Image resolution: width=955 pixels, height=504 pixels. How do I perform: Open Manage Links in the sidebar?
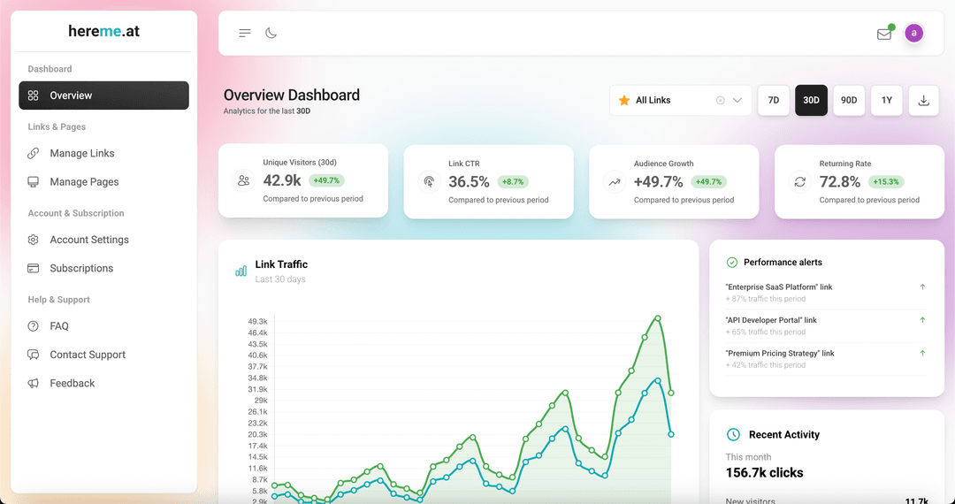click(81, 153)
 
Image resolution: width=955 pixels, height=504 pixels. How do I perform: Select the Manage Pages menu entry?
click(84, 182)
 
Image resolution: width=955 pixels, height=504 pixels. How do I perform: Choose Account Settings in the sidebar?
click(88, 240)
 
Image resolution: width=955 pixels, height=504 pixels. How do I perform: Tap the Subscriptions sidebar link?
click(81, 268)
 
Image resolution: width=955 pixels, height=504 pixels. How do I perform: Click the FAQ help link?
click(59, 326)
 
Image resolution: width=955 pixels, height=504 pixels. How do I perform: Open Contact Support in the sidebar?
click(88, 355)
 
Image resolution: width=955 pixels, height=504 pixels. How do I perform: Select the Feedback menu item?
click(72, 383)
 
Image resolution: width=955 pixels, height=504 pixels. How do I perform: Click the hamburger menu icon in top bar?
click(245, 34)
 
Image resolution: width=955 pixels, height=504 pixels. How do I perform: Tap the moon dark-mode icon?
click(271, 34)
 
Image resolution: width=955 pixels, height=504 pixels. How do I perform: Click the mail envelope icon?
click(883, 34)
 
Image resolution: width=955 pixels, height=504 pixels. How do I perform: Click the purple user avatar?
click(914, 33)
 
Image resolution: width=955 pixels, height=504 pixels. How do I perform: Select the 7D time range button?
click(773, 100)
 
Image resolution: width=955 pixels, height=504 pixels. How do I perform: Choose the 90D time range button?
click(849, 100)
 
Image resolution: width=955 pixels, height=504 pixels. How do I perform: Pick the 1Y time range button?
click(887, 100)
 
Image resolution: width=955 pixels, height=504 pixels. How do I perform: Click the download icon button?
click(924, 100)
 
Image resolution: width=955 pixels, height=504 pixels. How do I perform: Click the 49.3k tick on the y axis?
click(257, 322)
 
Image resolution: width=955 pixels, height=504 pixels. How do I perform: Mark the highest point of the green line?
click(657, 317)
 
